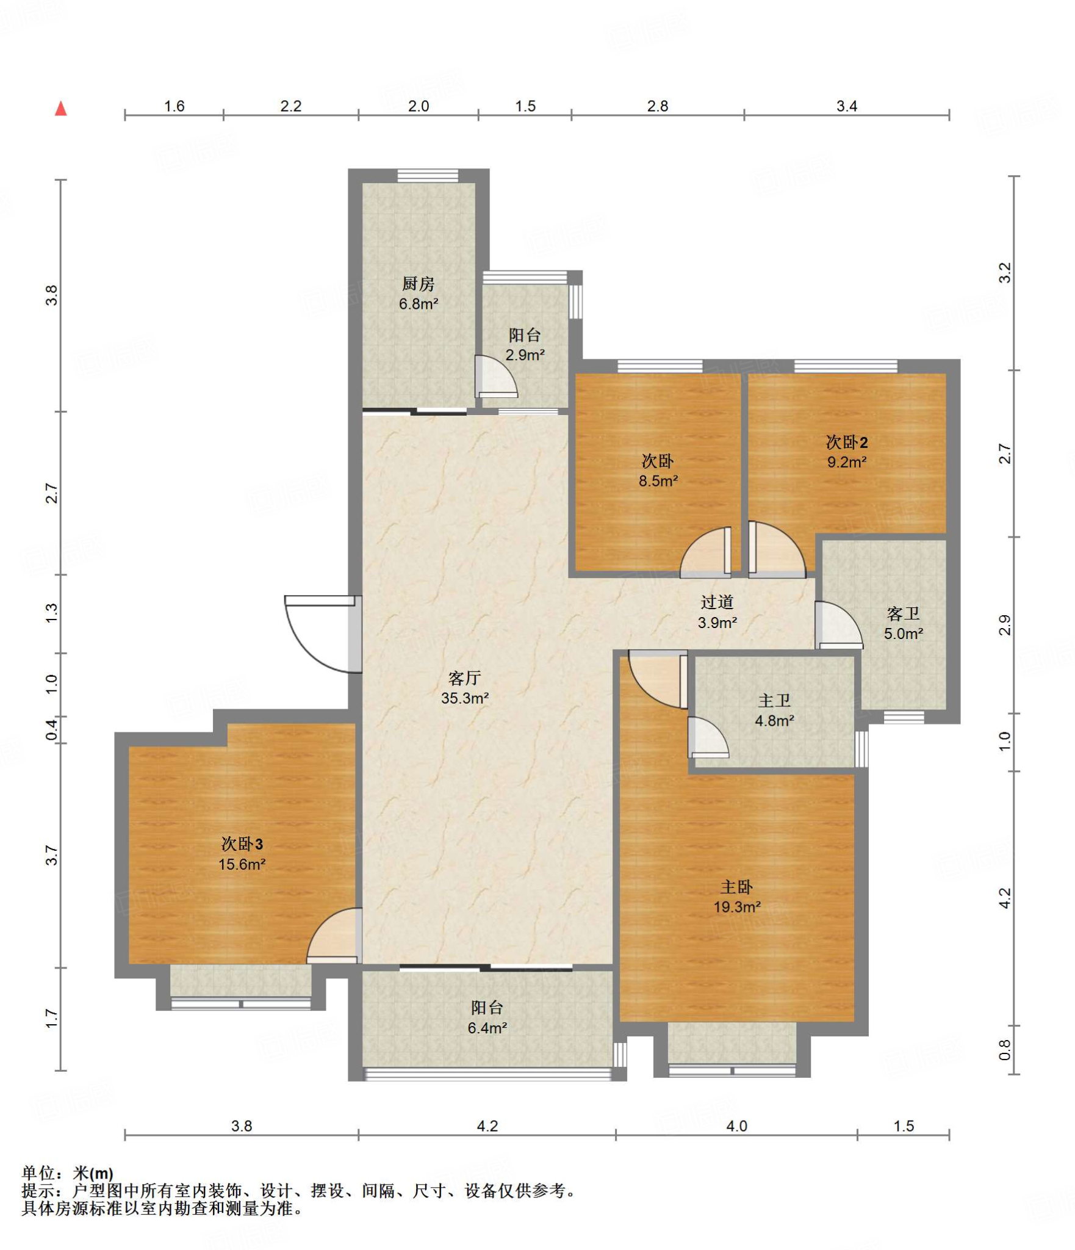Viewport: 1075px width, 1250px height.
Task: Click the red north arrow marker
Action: pyautogui.click(x=61, y=109)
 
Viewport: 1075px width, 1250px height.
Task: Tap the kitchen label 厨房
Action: pyautogui.click(x=418, y=284)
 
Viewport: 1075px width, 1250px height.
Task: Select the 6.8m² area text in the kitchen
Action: pyautogui.click(x=419, y=303)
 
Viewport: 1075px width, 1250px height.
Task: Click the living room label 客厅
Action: pyautogui.click(x=464, y=678)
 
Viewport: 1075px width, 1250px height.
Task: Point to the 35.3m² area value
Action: pyautogui.click(x=465, y=698)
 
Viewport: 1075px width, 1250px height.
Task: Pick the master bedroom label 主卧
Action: pyautogui.click(x=736, y=887)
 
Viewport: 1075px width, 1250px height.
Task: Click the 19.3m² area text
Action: pyautogui.click(x=737, y=907)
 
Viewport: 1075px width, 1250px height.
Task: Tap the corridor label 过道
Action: pyautogui.click(x=717, y=602)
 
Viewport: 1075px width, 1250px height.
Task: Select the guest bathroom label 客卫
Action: pyautogui.click(x=903, y=613)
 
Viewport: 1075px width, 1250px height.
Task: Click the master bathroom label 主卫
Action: pyautogui.click(x=774, y=701)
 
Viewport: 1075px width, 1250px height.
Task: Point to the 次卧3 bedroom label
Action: pyautogui.click(x=242, y=844)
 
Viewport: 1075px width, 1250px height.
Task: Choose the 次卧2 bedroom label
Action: pyautogui.click(x=847, y=442)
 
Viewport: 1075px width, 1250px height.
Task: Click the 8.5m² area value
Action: pyautogui.click(x=658, y=481)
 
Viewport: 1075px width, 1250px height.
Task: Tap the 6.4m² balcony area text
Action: pyautogui.click(x=487, y=1028)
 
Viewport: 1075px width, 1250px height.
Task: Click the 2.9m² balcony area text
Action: pyautogui.click(x=525, y=355)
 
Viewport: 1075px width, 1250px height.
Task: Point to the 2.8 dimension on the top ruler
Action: pyautogui.click(x=658, y=106)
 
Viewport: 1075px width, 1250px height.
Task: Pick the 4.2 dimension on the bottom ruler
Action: pyautogui.click(x=487, y=1125)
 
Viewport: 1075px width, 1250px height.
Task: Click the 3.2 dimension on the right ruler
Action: pyautogui.click(x=1004, y=272)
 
